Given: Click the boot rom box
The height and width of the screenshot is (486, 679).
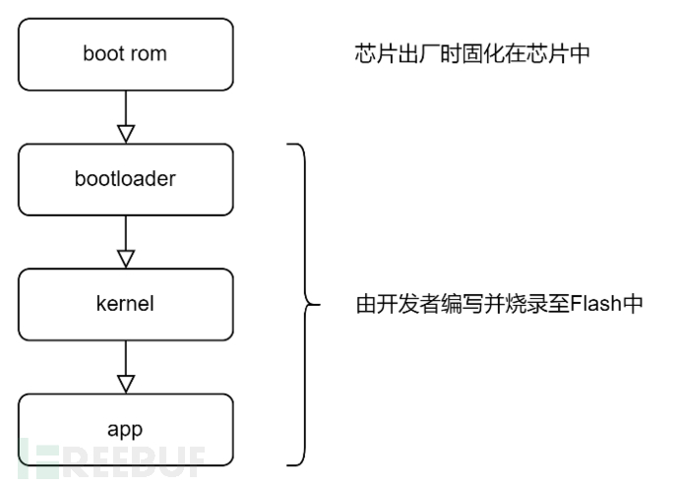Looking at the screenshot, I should tap(125, 54).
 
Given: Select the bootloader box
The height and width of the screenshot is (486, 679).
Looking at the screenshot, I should tap(125, 179).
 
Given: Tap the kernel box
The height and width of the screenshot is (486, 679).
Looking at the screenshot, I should tap(125, 304).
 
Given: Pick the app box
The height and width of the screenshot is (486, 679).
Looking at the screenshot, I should tap(125, 429).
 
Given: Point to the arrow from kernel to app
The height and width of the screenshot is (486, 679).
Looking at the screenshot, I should tap(125, 365).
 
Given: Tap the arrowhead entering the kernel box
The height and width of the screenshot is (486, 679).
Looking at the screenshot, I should tap(125, 259).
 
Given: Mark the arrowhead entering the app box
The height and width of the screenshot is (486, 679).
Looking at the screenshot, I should tap(125, 384).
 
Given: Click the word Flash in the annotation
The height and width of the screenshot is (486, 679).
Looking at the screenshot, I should tap(588, 305).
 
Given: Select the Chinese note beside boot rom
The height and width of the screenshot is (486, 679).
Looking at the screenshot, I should tap(471, 54).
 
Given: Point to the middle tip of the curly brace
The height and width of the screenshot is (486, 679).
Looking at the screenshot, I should tap(317, 305).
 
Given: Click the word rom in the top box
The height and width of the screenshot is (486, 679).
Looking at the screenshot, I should tap(148, 54).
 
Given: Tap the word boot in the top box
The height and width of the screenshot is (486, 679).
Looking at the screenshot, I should tap(103, 54).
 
